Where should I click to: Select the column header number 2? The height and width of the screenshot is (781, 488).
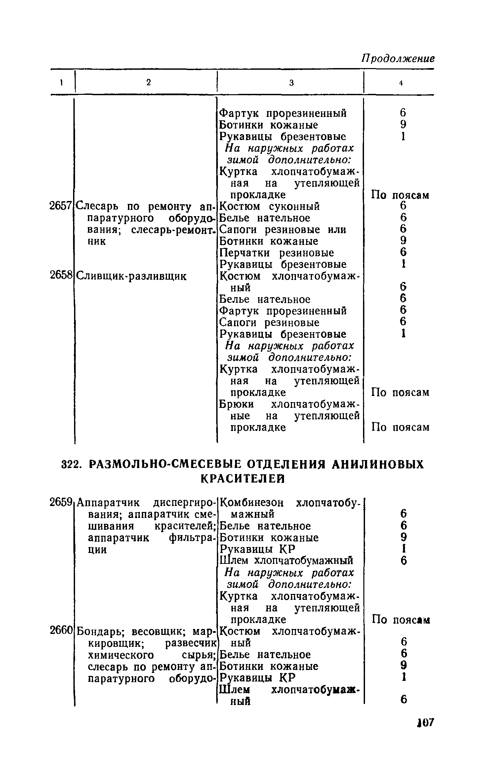pos(148,82)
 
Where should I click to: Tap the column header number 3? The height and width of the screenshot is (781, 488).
pos(291,83)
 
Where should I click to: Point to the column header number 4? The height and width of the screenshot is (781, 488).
pos(401,83)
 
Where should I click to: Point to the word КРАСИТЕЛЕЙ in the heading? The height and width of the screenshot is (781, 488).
pos(243,479)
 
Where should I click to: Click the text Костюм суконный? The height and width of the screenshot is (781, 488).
pos(270,206)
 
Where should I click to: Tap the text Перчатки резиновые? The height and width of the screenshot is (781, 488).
pos(277,253)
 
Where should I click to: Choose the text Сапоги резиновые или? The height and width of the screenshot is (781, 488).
pos(283,229)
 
